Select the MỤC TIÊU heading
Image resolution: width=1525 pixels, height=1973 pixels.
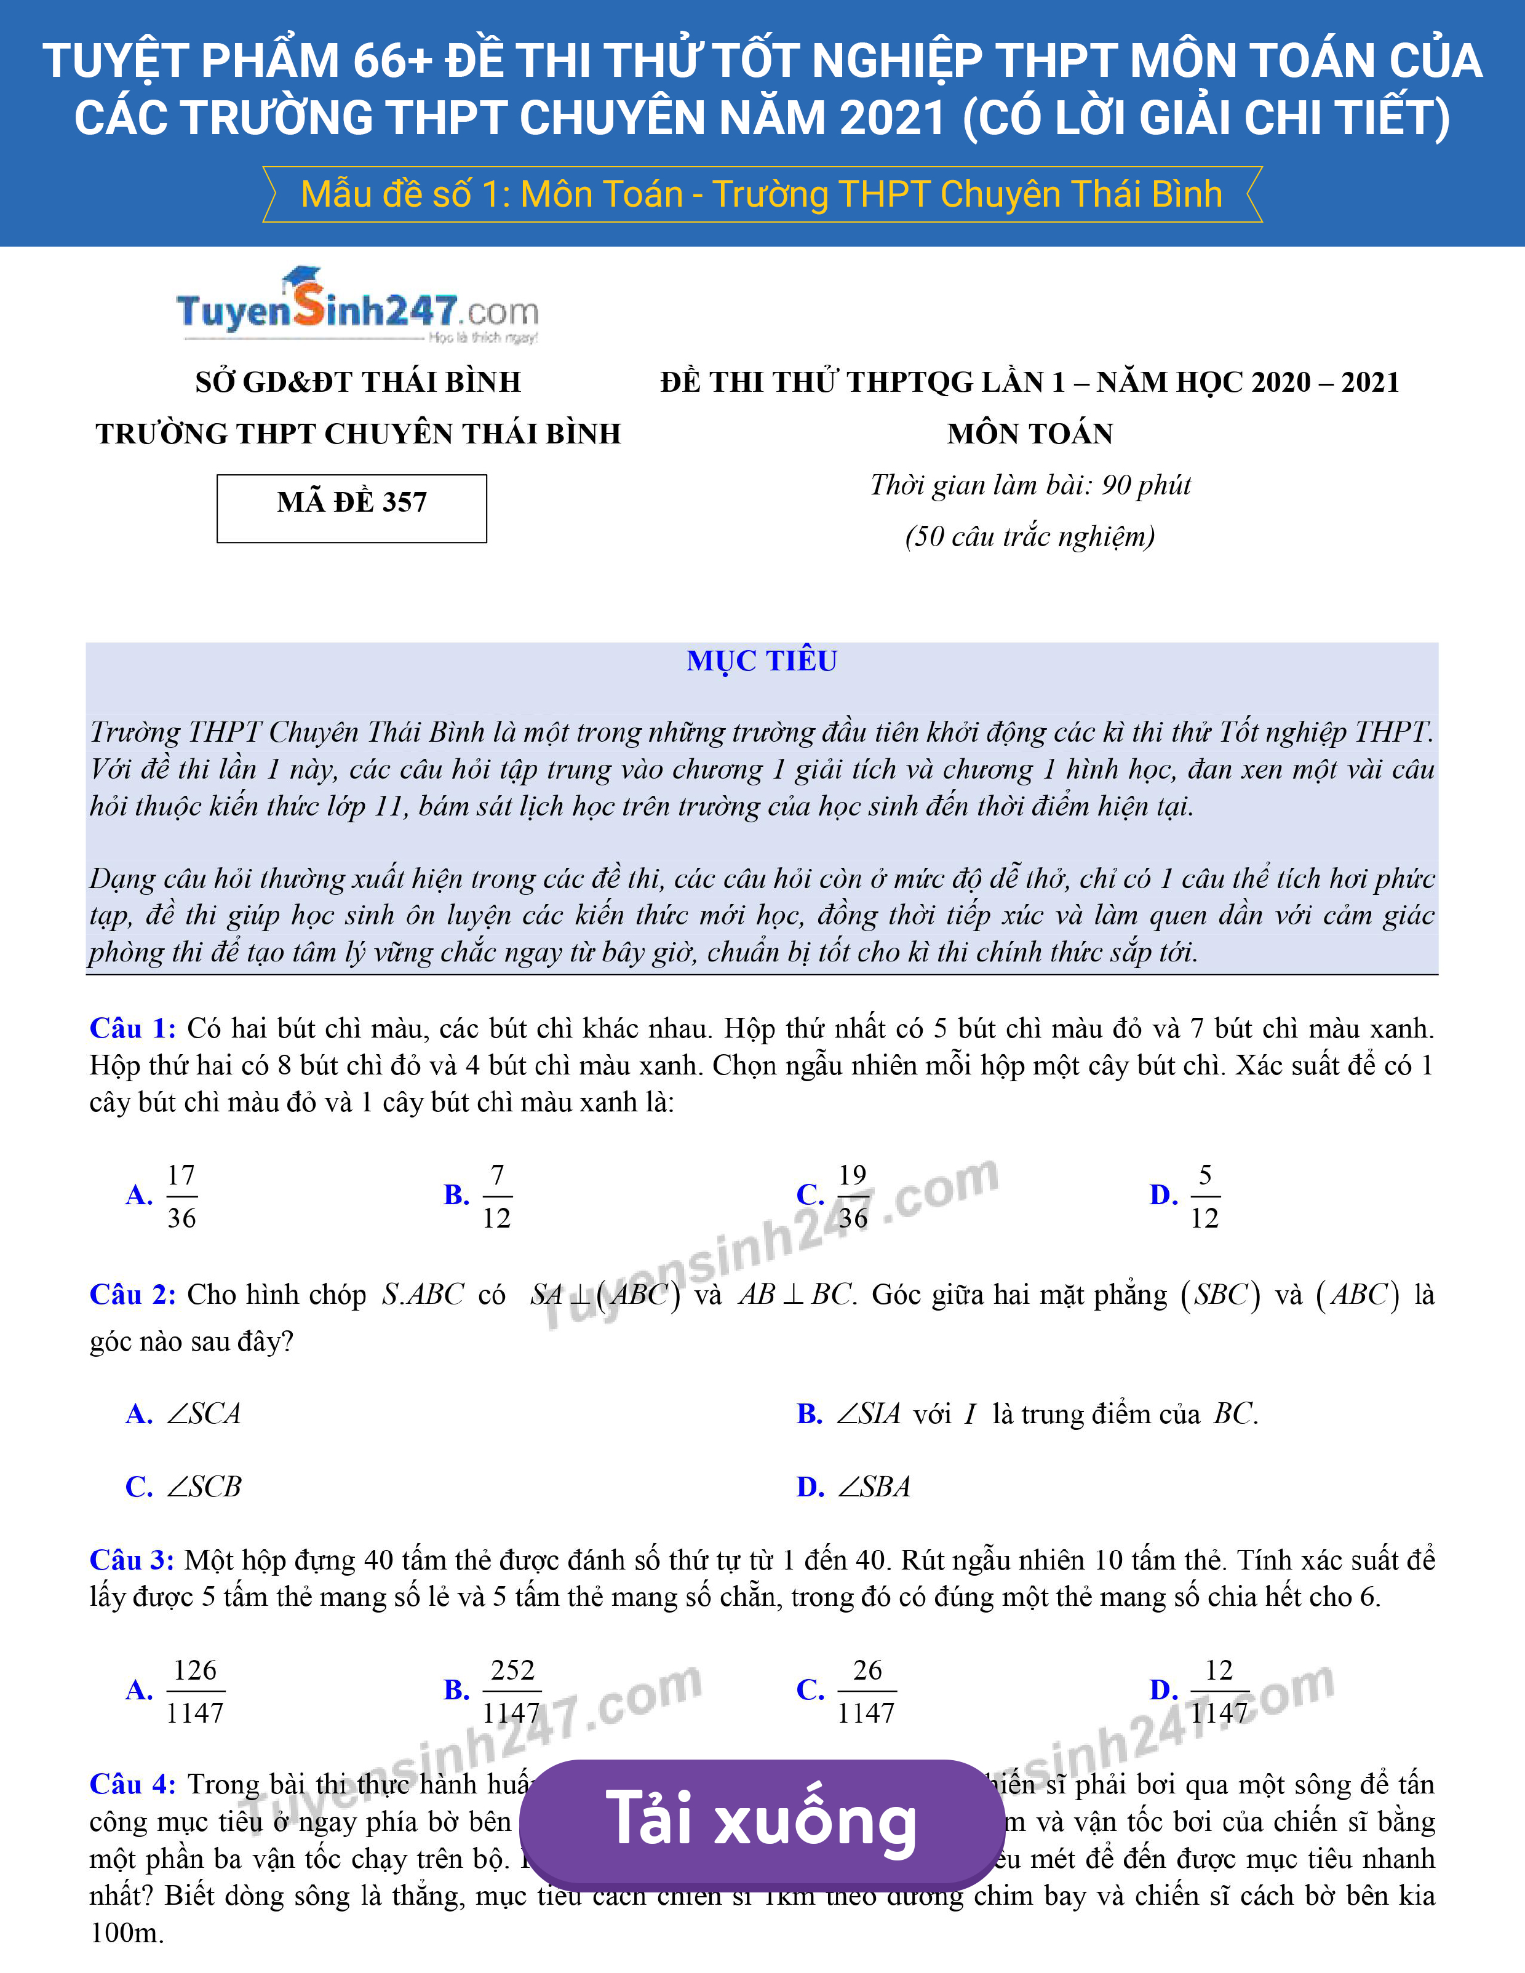(762, 661)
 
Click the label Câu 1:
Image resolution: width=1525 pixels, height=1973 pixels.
(132, 1028)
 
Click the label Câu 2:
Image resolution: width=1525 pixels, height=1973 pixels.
(132, 1295)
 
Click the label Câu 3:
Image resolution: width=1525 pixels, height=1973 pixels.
(131, 1560)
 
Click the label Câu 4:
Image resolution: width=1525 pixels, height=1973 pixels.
(132, 1784)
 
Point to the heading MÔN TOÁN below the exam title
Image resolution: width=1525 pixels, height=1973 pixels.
(1030, 434)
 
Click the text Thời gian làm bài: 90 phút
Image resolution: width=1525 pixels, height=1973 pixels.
(1030, 485)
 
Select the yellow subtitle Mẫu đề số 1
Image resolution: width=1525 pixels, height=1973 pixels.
(761, 194)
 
